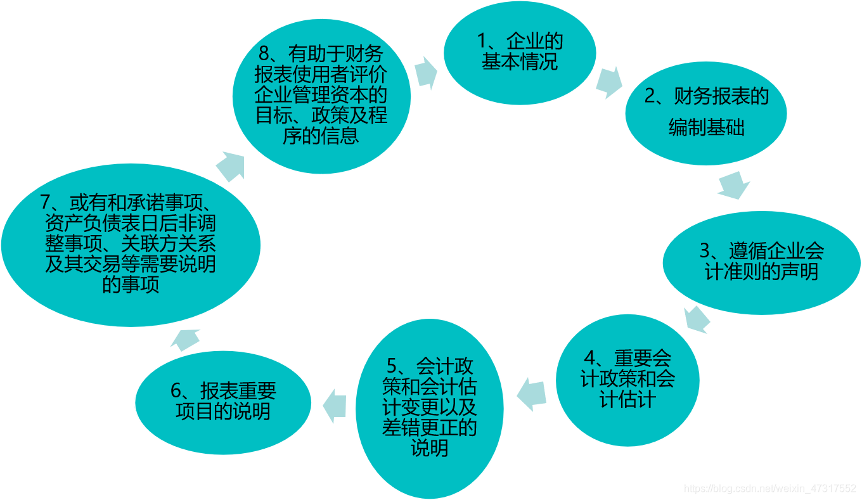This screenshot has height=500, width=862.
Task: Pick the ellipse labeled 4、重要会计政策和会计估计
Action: (627, 380)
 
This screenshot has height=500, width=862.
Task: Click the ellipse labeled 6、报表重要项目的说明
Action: (223, 402)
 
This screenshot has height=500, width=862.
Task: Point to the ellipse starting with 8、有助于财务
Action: (321, 94)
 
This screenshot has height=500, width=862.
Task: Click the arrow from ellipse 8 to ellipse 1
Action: (427, 72)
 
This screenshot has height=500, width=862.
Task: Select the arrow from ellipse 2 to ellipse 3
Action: (734, 184)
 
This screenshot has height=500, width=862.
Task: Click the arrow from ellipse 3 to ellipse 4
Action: (697, 319)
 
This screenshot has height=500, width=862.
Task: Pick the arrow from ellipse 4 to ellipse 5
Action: (532, 394)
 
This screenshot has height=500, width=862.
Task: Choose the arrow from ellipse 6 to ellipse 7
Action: (187, 340)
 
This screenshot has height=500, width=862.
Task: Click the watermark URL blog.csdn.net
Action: (770, 489)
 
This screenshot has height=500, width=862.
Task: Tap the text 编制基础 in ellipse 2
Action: (707, 128)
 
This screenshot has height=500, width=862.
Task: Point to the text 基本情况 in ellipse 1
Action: (520, 62)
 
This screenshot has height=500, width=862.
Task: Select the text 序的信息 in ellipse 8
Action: (321, 136)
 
